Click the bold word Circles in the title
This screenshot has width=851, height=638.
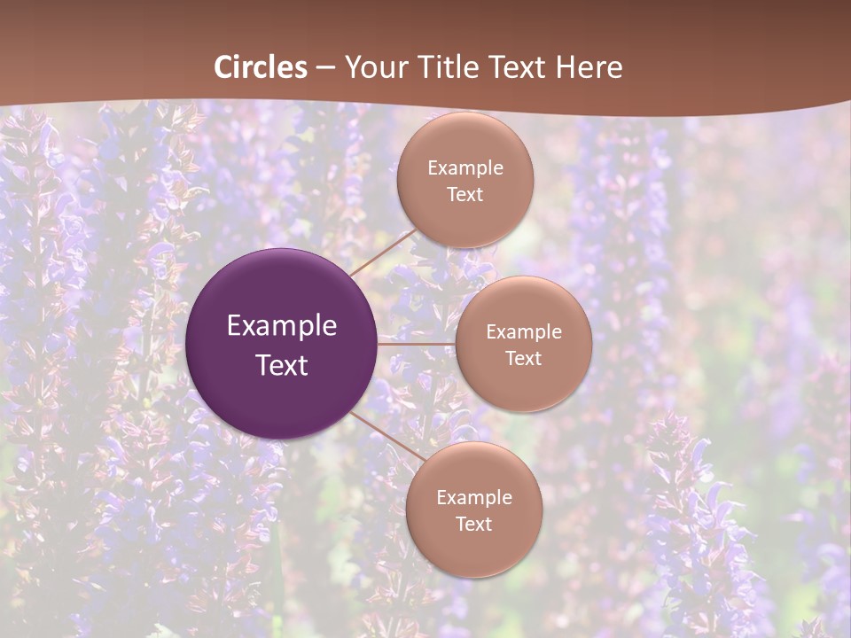coord(261,67)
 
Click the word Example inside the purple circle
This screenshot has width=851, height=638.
coord(282,326)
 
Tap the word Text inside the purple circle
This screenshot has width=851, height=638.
coord(282,365)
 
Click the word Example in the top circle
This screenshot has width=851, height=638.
coord(465,168)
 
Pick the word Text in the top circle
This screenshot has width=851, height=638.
coord(465,195)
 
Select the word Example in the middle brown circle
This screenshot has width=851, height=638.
coord(523,332)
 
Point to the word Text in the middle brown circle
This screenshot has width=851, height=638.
coord(523,359)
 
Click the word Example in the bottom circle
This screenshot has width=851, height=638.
coord(473,498)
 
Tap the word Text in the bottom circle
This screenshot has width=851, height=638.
coord(473,525)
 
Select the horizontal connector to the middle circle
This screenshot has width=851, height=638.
coord(417,344)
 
